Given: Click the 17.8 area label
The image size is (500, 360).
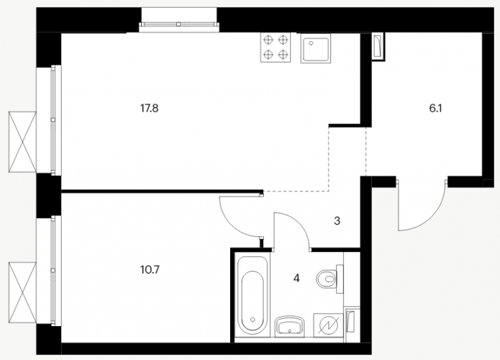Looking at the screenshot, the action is pos(149,109).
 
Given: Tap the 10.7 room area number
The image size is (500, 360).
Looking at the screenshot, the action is pos(150,270).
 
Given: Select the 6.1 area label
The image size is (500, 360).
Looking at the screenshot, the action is pos(435,109).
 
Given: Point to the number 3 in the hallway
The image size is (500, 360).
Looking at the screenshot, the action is pos(337,220).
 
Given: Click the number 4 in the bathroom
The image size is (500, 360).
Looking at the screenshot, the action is pos(296,279).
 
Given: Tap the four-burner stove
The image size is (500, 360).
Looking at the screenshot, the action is pos(276,48).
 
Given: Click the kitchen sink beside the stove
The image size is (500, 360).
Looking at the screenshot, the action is pos(315,48).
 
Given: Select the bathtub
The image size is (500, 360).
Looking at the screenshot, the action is pos(253,293).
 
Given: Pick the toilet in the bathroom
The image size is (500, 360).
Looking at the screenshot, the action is pos(330,279).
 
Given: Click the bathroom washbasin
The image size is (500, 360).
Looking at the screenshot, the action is pos(289,326).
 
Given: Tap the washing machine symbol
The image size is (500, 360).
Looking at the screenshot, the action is pos(328,325).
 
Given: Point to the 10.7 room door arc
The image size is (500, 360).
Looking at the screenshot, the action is pos(233,223).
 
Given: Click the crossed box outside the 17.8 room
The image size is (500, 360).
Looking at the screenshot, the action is pos(22,142).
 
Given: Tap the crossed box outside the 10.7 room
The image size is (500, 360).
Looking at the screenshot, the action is pos(22,292).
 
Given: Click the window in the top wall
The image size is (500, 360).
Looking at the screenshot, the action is pos(179,24).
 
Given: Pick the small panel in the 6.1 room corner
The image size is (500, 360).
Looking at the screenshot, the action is pos(378,47).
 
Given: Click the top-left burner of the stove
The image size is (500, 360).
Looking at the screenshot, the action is pos(269,40).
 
